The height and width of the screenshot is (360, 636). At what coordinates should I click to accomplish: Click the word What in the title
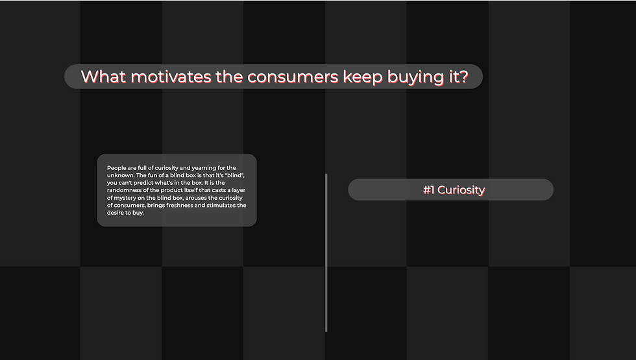pos(103,77)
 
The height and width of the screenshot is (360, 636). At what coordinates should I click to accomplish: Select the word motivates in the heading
pos(171,77)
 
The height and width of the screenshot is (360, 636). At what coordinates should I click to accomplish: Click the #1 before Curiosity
pos(428,189)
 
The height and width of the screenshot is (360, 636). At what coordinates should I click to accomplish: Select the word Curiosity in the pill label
pos(461,190)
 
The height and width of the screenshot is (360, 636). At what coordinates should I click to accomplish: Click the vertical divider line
pos(326,252)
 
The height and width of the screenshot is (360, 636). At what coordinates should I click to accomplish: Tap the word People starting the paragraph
pos(116,168)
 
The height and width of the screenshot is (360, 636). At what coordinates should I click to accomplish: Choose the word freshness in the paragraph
pos(179,205)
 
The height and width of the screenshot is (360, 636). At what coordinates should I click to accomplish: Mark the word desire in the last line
pos(116,213)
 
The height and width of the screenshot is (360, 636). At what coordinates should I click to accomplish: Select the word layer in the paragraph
pos(239,191)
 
